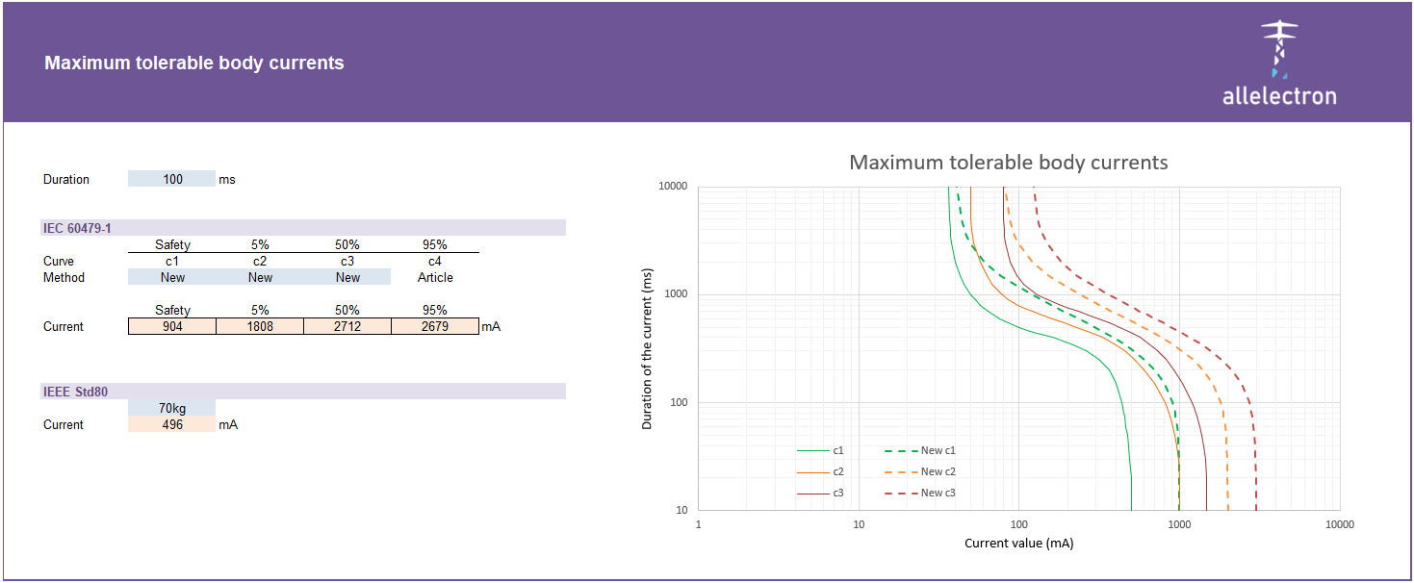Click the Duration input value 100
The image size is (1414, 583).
click(172, 179)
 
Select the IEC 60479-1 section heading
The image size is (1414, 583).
click(77, 228)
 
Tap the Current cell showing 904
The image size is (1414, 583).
click(172, 326)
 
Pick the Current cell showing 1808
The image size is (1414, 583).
click(260, 326)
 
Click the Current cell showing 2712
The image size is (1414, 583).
click(347, 326)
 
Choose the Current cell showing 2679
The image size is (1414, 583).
click(435, 326)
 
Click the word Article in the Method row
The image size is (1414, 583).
click(435, 277)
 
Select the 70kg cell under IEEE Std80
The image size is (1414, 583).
click(172, 408)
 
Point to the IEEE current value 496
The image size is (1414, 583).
click(172, 424)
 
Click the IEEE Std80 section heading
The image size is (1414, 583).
click(75, 392)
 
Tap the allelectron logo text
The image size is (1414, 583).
click(1278, 96)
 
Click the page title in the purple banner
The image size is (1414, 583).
click(193, 63)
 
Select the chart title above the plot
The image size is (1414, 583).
click(1008, 162)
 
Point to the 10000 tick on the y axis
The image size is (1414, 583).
click(673, 186)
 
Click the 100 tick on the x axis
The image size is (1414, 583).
click(1018, 524)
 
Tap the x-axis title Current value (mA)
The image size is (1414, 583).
click(1018, 544)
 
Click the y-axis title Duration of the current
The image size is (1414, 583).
click(647, 348)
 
